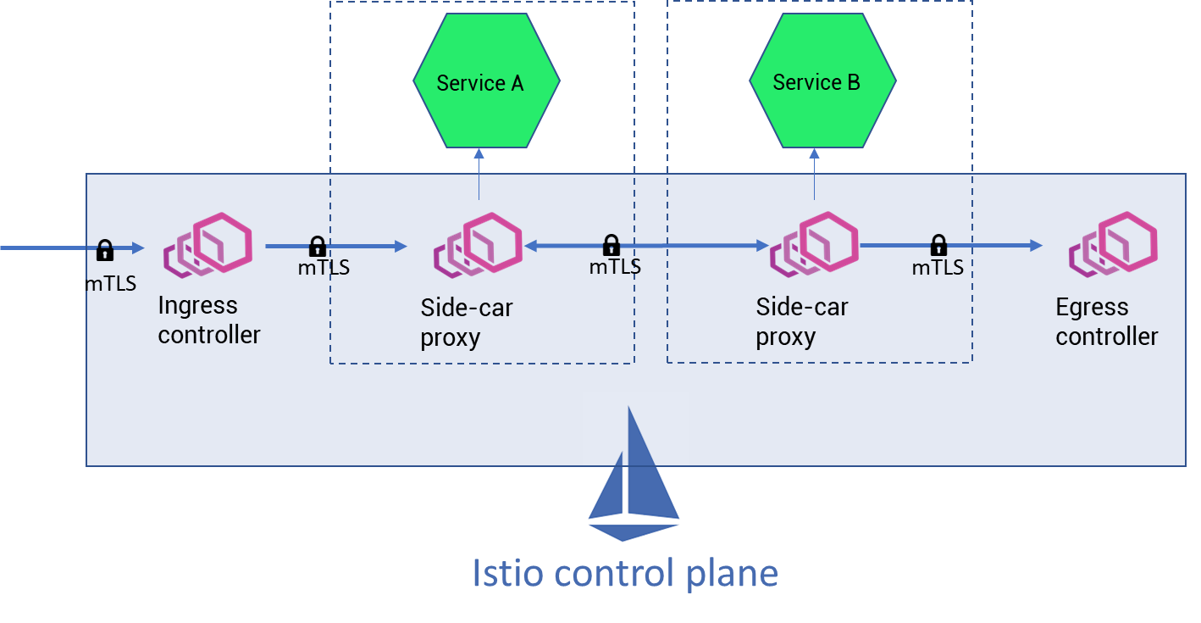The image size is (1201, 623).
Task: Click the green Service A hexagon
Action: (x=486, y=81)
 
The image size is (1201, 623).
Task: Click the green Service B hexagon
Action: (x=822, y=81)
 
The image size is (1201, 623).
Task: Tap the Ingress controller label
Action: (x=208, y=320)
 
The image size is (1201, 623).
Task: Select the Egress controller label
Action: (x=1106, y=321)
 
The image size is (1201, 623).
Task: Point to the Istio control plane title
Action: (x=624, y=573)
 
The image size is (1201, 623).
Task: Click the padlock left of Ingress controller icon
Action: (x=105, y=250)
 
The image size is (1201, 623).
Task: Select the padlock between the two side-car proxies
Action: (x=611, y=246)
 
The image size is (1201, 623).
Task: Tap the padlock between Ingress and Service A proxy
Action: (x=318, y=247)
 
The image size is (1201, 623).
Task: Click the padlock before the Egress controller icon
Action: (x=938, y=246)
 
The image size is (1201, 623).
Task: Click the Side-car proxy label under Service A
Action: (x=467, y=322)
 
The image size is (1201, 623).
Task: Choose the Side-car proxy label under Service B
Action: (x=802, y=321)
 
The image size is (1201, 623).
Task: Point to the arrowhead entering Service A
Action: (x=479, y=153)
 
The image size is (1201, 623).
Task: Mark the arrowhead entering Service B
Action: (x=815, y=153)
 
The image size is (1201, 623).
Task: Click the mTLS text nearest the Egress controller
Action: (x=938, y=268)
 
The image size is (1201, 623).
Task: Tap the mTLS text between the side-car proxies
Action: (x=615, y=267)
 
